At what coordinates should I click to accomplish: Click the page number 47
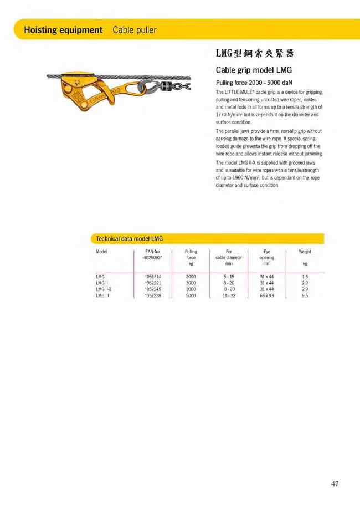335,484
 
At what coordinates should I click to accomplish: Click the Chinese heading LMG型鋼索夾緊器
254,54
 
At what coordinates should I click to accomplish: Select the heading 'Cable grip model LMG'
253,70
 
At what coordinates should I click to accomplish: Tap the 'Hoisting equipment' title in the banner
63,30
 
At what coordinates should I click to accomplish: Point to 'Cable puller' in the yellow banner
134,30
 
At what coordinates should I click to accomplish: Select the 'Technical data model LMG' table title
129,238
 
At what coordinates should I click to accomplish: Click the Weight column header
305,252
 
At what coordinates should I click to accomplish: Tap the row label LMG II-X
104,289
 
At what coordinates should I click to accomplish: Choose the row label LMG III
102,296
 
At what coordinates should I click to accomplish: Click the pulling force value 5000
191,296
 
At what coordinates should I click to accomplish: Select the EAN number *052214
152,276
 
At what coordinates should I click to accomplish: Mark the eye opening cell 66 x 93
266,296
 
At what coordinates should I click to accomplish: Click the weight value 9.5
305,296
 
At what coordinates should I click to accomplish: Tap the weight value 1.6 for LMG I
305,276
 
